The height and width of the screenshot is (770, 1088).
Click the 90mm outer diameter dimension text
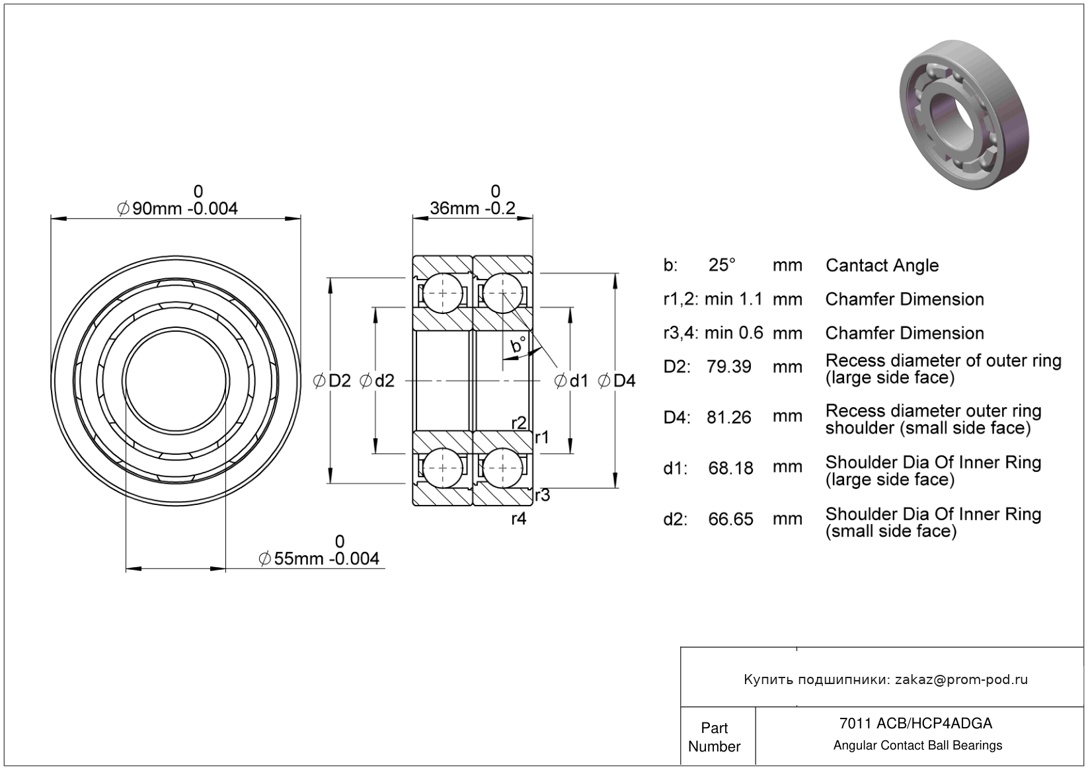(177, 209)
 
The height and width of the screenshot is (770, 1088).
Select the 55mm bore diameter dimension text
(319, 559)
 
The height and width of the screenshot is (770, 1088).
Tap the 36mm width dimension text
(472, 209)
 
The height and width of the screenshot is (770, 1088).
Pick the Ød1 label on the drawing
(571, 381)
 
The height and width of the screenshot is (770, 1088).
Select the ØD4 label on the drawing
(617, 381)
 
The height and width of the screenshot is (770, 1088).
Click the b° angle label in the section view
(518, 345)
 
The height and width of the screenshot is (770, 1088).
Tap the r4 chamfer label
(519, 519)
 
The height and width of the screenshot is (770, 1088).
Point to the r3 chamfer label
(542, 495)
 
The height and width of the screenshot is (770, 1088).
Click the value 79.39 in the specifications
(728, 367)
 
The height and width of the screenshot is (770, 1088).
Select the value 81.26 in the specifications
(728, 418)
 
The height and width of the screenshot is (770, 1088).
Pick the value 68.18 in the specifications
(730, 469)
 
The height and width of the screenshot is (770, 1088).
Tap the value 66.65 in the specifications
(730, 520)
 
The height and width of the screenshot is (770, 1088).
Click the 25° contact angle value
(722, 265)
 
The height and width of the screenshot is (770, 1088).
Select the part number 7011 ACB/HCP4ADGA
(915, 724)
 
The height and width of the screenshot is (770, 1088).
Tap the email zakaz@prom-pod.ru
(961, 679)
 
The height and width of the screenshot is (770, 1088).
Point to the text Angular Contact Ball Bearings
(917, 746)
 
